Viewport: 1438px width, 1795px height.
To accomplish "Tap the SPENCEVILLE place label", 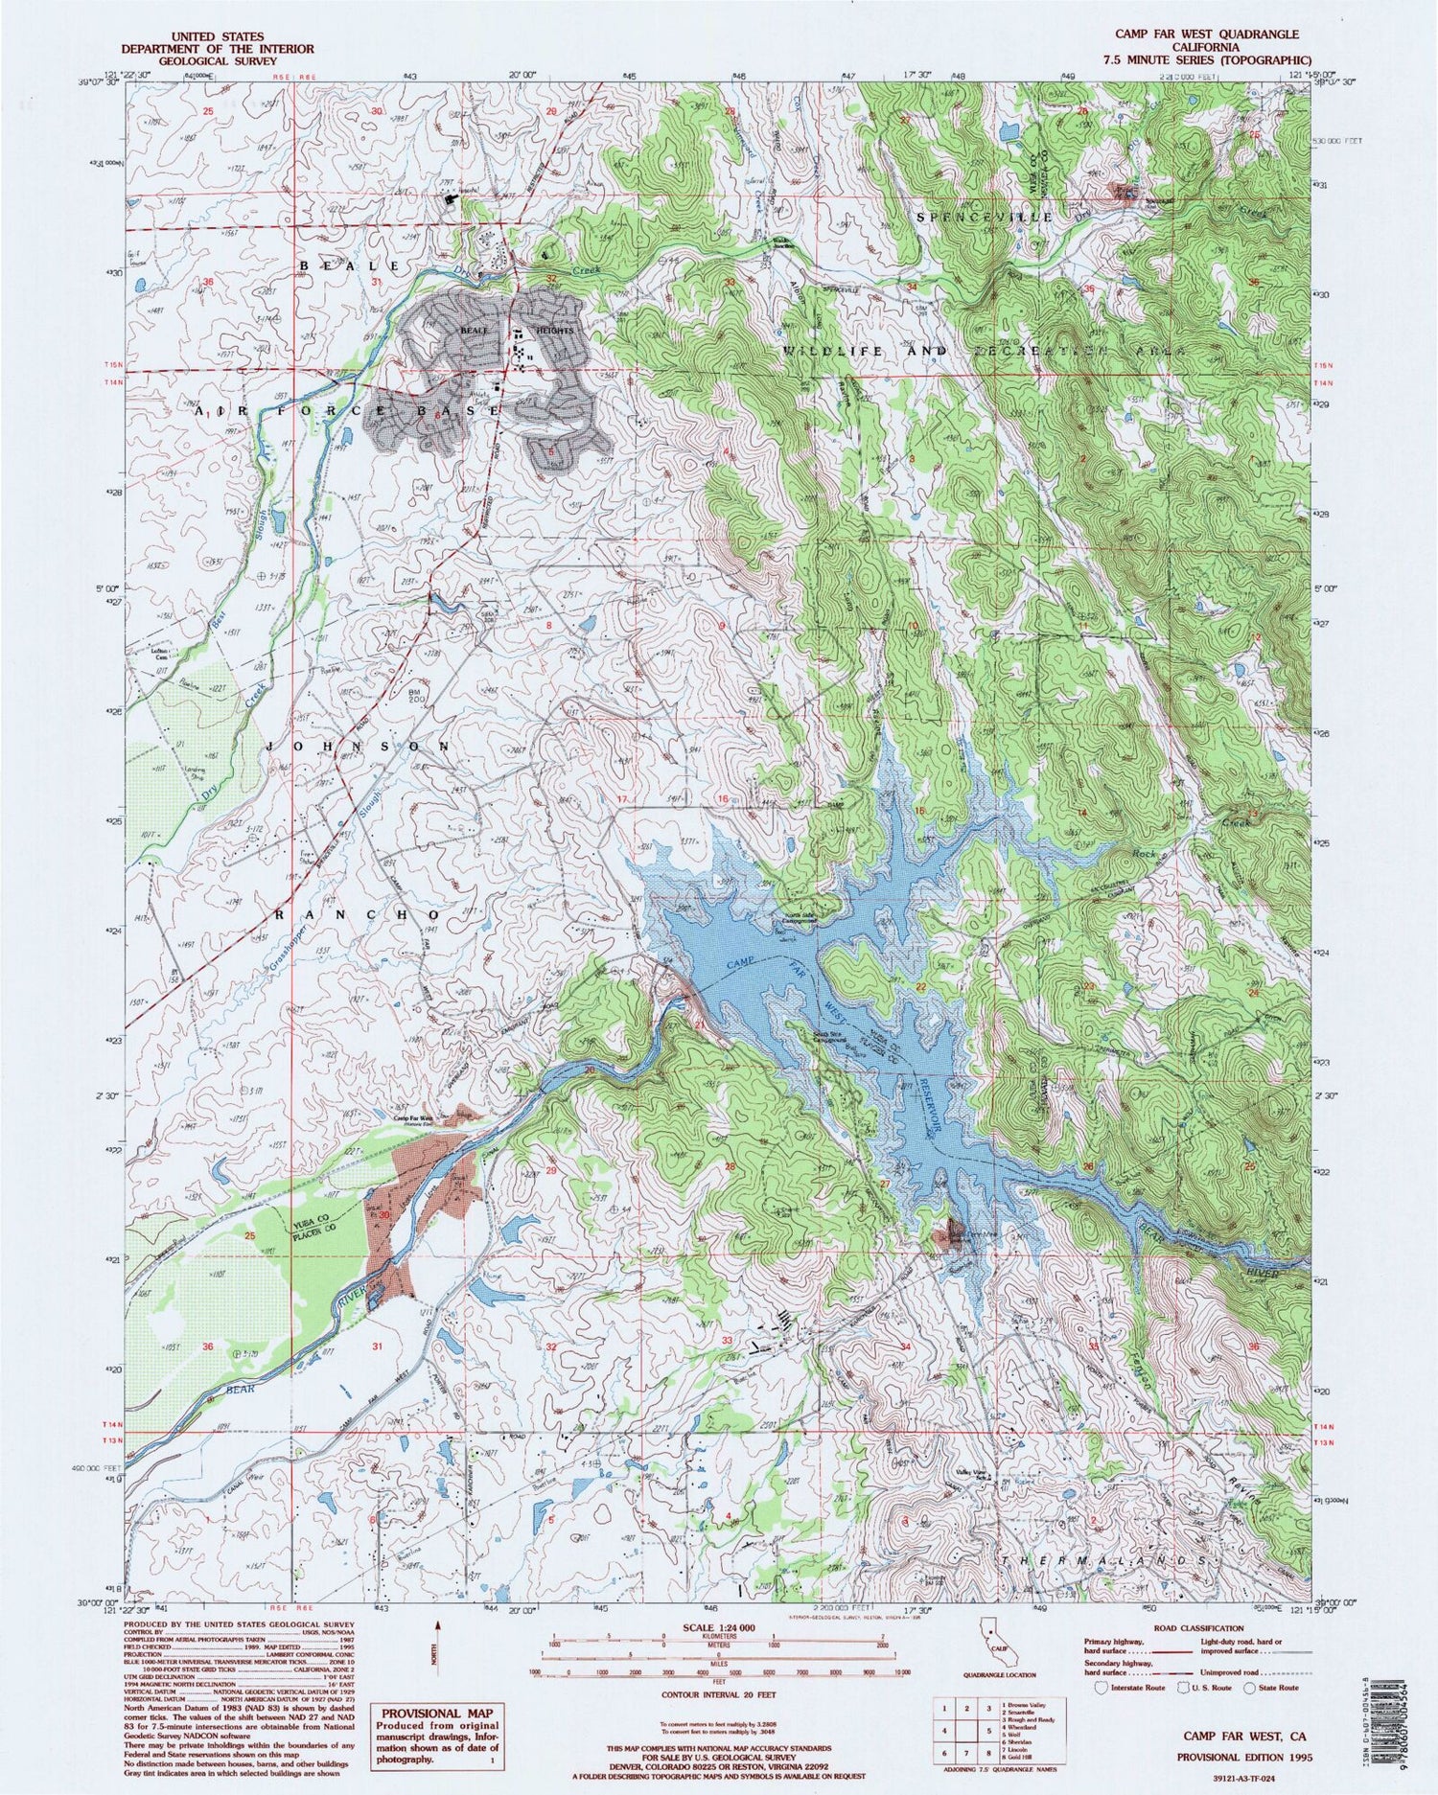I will tap(985, 218).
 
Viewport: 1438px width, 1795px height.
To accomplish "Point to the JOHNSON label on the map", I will tap(357, 746).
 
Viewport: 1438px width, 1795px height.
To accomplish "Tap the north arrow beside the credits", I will tap(439, 1648).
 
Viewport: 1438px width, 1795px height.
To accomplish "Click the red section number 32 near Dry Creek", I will tap(551, 279).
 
